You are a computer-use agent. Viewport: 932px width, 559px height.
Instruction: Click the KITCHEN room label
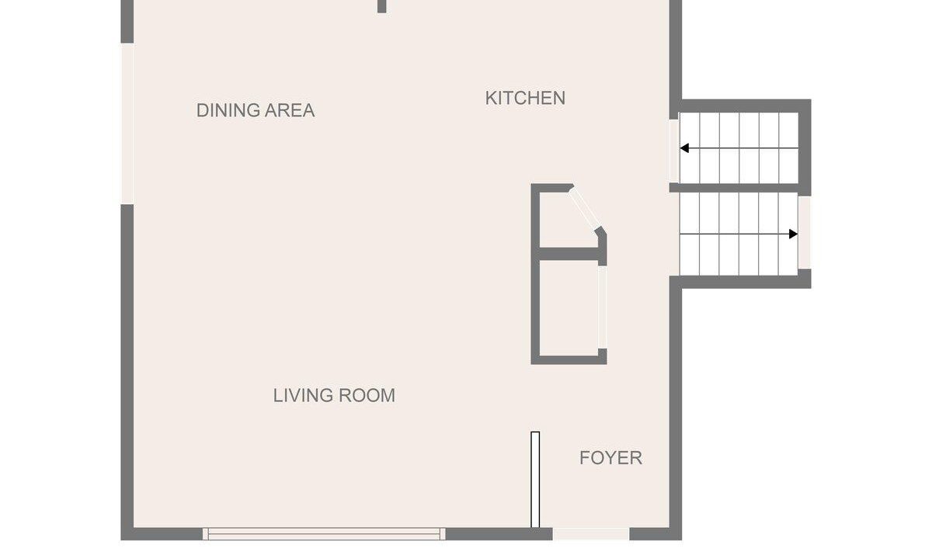pyautogui.click(x=525, y=98)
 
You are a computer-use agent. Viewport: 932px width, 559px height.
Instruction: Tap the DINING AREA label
pyautogui.click(x=256, y=110)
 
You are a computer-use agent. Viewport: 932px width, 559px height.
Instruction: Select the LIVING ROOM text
pyautogui.click(x=334, y=395)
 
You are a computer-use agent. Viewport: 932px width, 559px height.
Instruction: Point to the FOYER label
pyautogui.click(x=610, y=457)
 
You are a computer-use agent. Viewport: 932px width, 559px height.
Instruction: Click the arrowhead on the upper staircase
pyautogui.click(x=684, y=148)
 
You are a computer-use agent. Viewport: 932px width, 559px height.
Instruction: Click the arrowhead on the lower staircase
pyautogui.click(x=794, y=234)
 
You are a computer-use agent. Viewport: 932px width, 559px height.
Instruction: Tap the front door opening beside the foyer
pyautogui.click(x=591, y=533)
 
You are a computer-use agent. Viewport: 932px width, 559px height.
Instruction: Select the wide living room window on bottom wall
pyautogui.click(x=324, y=533)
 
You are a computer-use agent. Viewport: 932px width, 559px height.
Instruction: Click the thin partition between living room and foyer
pyautogui.click(x=535, y=480)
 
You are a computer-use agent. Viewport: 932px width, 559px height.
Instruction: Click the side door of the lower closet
pyautogui.click(x=602, y=307)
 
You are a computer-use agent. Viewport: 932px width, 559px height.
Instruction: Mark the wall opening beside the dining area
pyautogui.click(x=127, y=123)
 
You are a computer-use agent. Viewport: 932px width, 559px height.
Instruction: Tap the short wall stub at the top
pyautogui.click(x=381, y=6)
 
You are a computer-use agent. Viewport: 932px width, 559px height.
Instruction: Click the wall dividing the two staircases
pyautogui.click(x=735, y=188)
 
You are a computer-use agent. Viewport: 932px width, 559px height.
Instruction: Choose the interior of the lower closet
pyautogui.click(x=569, y=308)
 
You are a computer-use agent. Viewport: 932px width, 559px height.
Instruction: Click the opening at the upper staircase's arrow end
pyautogui.click(x=674, y=151)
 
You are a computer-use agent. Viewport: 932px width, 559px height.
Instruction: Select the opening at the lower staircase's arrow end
pyautogui.click(x=805, y=232)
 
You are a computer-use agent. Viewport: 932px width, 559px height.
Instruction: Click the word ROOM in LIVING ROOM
pyautogui.click(x=367, y=395)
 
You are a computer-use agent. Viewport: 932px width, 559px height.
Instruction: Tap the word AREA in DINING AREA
pyautogui.click(x=290, y=110)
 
